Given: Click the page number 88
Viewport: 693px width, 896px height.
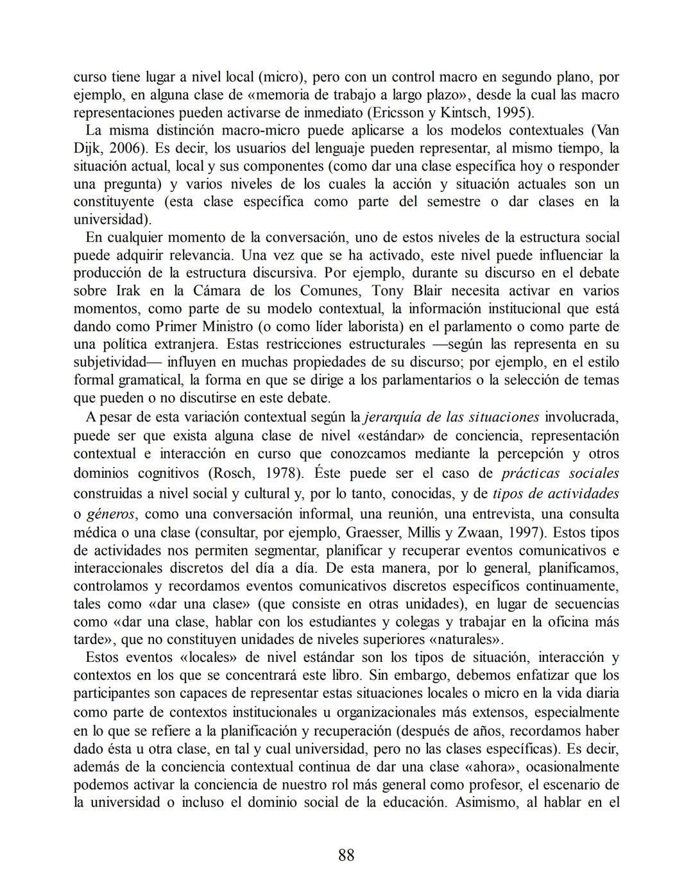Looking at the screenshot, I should (346, 855).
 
